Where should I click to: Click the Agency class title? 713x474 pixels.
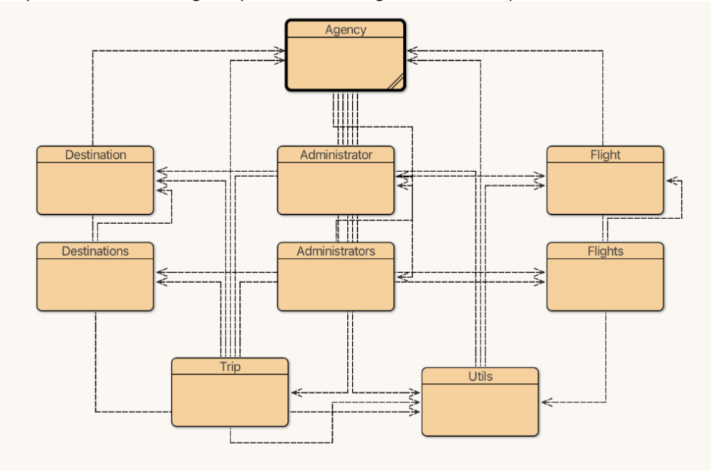pos(345,30)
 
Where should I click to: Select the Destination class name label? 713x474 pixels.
pos(95,155)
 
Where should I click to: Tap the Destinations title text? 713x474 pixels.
pos(95,251)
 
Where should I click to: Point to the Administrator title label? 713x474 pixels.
pos(336,155)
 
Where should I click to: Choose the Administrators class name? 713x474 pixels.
pos(336,251)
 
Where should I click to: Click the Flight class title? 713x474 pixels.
pos(605,155)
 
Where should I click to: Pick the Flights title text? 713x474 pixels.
pos(605,251)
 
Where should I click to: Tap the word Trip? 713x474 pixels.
pos(230,367)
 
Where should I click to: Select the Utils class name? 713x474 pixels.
pos(480,377)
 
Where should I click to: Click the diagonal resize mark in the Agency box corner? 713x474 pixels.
pos(394,81)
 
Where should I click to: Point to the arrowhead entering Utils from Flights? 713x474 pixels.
pos(545,402)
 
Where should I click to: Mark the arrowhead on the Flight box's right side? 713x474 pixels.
pos(669,181)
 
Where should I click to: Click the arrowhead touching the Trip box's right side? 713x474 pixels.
pos(294,392)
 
